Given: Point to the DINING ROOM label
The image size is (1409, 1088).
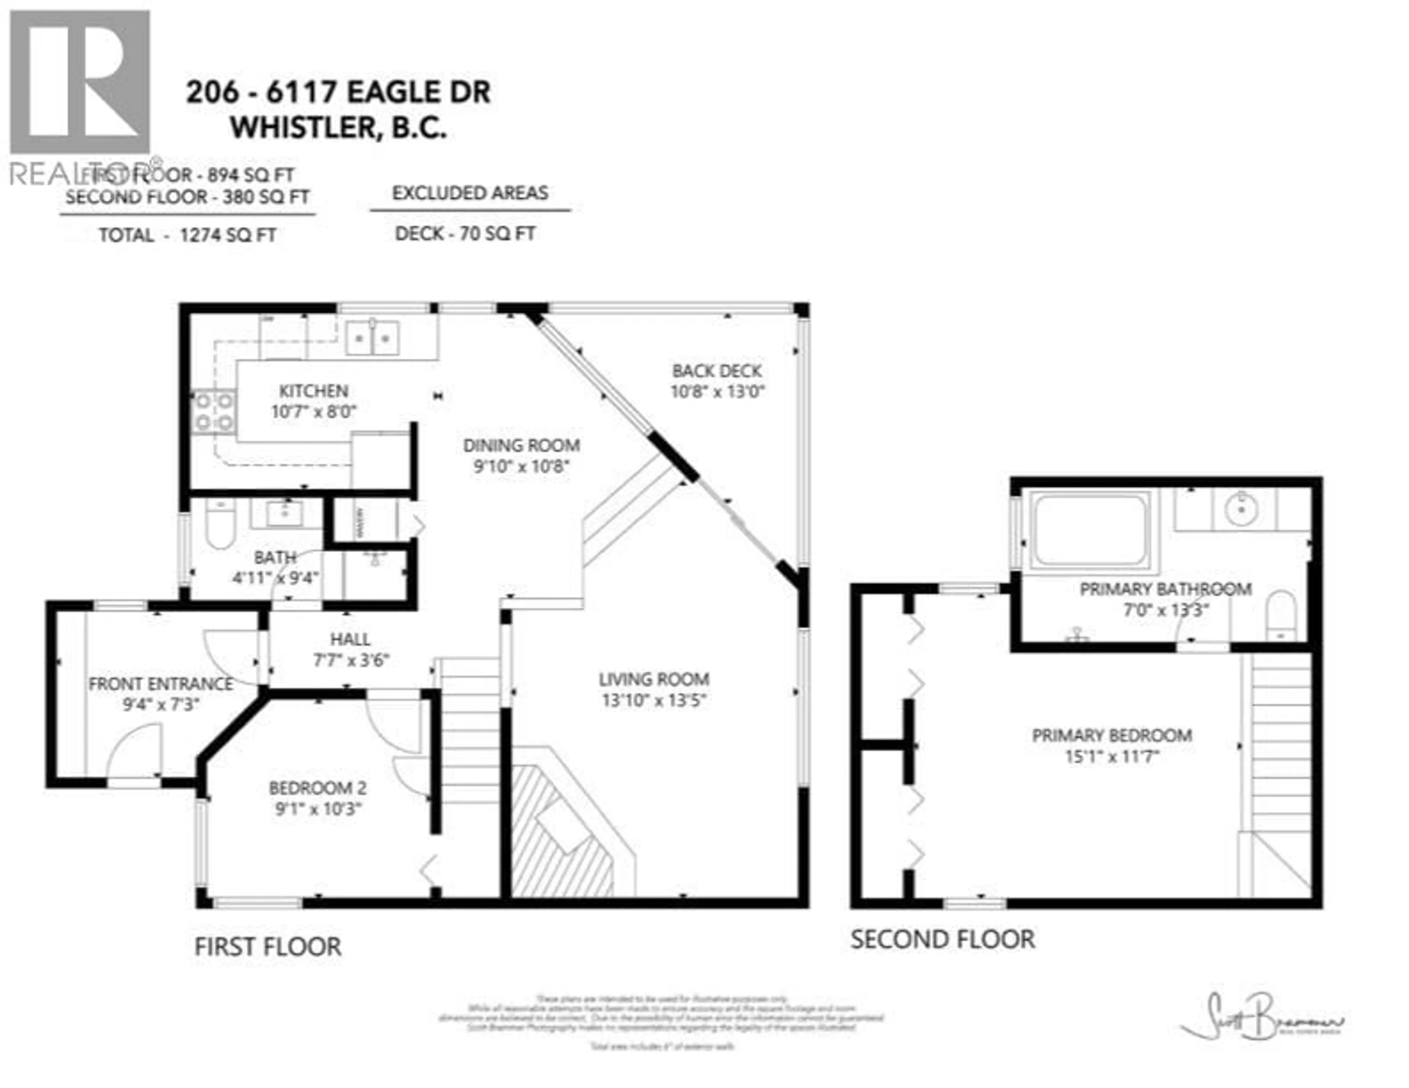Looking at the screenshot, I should (521, 445).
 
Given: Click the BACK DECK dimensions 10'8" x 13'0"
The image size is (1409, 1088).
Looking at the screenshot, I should (717, 392).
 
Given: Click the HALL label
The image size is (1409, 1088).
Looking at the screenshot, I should (350, 639).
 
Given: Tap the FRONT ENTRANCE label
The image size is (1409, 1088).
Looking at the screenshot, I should (161, 684).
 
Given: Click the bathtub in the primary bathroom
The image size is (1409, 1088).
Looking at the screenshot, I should (1090, 530).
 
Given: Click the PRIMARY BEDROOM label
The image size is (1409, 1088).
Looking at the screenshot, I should (1111, 735).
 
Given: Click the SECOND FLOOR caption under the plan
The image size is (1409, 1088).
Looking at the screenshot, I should (943, 939).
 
